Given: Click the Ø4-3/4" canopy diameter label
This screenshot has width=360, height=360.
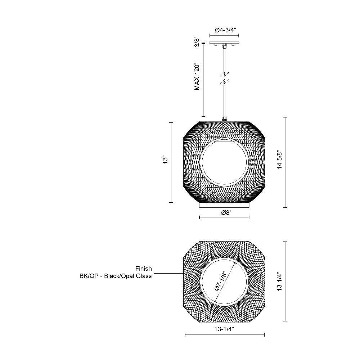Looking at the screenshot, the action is click(225, 30).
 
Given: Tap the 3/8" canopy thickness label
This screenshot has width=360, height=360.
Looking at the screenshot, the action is click(197, 41).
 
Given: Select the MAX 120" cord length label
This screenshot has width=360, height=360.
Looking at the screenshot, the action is click(197, 76).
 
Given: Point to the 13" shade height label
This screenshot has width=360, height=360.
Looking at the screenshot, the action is click(165, 160).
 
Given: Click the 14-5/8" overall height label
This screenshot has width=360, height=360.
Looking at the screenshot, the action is click(279, 160).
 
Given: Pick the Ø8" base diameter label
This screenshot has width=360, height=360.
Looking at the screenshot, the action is click(226, 213).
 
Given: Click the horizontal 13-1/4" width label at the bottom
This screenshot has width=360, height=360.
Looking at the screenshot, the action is click(224, 329).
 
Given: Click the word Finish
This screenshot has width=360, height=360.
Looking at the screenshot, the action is click(144, 269).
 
